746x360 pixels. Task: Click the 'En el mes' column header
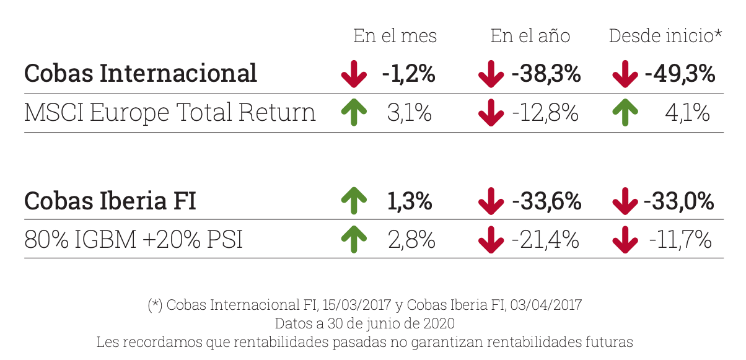395,36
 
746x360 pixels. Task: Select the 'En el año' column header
530,36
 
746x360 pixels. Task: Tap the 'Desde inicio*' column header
665,36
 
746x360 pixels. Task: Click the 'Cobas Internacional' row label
141,73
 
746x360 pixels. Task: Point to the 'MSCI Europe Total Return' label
170,113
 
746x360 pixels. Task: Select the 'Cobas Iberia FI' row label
110,201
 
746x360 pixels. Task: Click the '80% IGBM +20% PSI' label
133,240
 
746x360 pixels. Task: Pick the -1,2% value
408,74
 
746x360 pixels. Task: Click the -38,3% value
546,74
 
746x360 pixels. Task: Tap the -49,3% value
680,74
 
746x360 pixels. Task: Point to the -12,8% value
545,113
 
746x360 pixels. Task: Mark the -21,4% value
545,240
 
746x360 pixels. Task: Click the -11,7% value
680,240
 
